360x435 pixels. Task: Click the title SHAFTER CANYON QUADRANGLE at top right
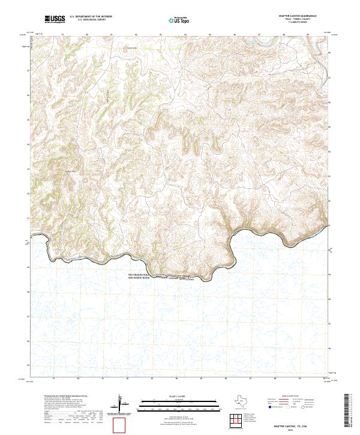[x=296, y=16]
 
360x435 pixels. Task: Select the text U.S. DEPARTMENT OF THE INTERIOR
[x=90, y=17]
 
